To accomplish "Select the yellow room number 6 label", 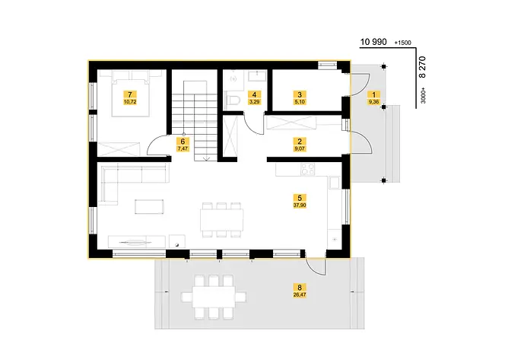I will tap(182, 141).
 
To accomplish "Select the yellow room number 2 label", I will tap(300, 141).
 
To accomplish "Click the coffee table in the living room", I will tap(149, 205).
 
